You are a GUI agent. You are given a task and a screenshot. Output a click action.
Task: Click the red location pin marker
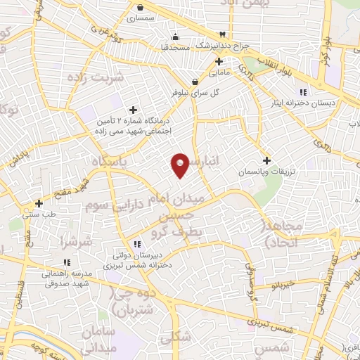point(180,165)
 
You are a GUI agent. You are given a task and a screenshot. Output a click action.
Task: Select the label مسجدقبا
point(174,46)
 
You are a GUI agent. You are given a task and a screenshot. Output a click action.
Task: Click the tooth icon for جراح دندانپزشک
point(223,34)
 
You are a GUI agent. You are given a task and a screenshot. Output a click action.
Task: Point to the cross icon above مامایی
point(219,61)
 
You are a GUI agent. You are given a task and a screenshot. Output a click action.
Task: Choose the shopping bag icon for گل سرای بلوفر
point(195,82)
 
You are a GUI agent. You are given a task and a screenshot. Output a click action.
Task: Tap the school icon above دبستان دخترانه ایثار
point(303,92)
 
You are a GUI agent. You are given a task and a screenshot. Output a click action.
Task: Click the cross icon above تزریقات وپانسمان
point(266,160)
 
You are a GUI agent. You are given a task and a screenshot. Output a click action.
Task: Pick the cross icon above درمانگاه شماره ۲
point(133,109)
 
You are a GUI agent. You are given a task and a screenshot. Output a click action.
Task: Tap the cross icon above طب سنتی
point(39,204)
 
